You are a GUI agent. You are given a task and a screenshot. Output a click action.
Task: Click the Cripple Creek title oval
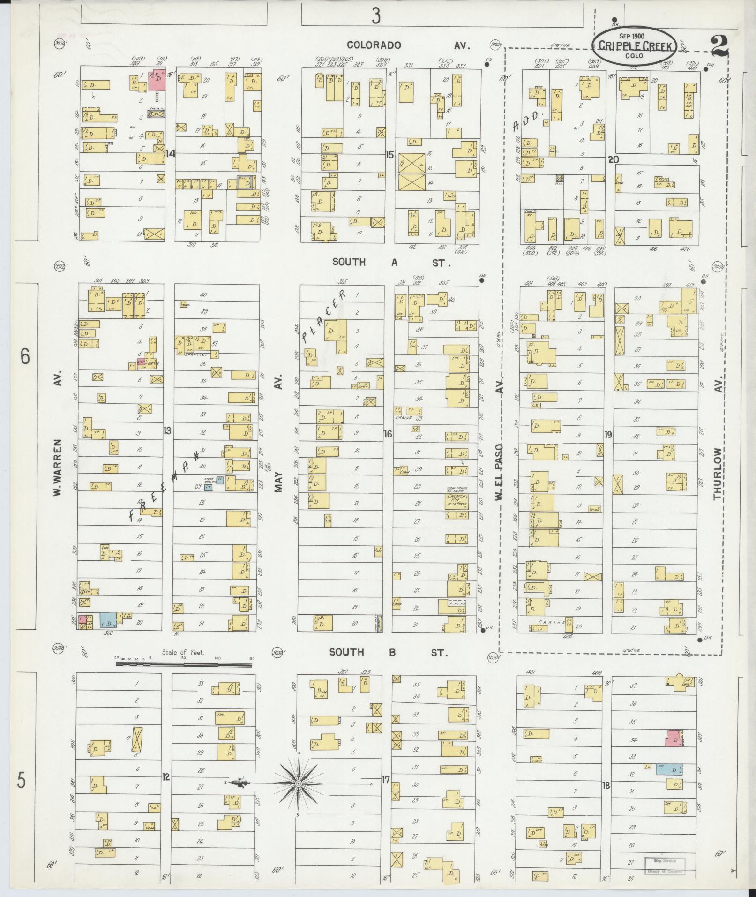point(635,45)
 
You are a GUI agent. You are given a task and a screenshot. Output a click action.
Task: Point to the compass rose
point(298,784)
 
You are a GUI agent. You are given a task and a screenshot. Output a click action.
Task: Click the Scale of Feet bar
point(184,664)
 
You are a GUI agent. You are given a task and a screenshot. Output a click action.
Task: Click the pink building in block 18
point(674,738)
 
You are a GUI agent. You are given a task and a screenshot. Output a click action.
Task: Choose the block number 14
point(170,153)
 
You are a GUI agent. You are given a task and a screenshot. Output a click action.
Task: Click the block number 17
point(385,780)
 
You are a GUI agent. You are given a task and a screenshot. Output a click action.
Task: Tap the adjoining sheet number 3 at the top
point(375,17)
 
